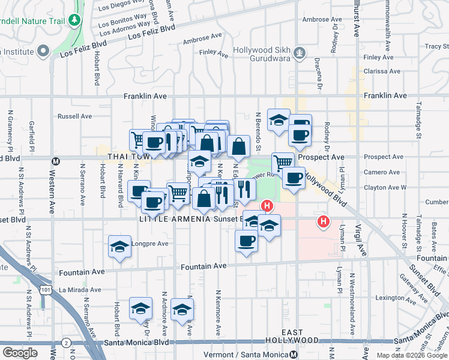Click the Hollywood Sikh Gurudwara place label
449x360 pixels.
point(268,53)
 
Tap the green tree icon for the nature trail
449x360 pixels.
point(74,21)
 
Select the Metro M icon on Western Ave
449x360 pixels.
point(56,161)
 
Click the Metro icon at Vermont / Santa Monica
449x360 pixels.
point(293,355)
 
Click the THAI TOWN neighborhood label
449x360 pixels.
point(131,157)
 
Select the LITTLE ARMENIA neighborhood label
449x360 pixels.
point(173,219)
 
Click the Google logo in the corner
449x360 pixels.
point(20,353)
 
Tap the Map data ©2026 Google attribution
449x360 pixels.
point(412,355)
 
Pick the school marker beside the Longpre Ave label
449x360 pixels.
point(119,246)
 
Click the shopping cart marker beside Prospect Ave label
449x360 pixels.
point(282,162)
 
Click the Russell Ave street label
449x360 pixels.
point(74,116)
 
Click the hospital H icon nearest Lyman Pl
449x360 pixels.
point(324,222)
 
